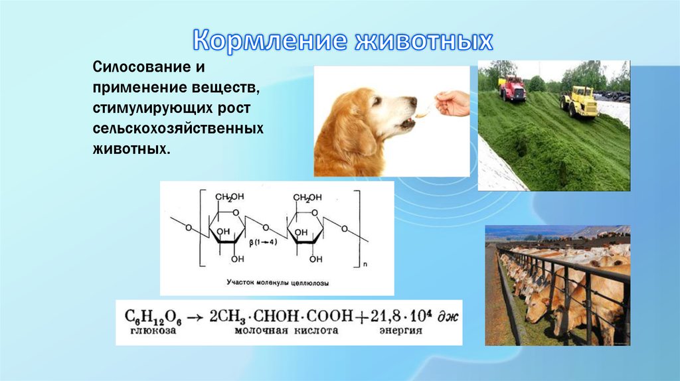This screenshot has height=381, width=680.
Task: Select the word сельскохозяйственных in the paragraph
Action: pyautogui.click(x=179, y=127)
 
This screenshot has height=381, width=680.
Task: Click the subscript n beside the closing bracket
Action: pyautogui.click(x=365, y=264)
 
